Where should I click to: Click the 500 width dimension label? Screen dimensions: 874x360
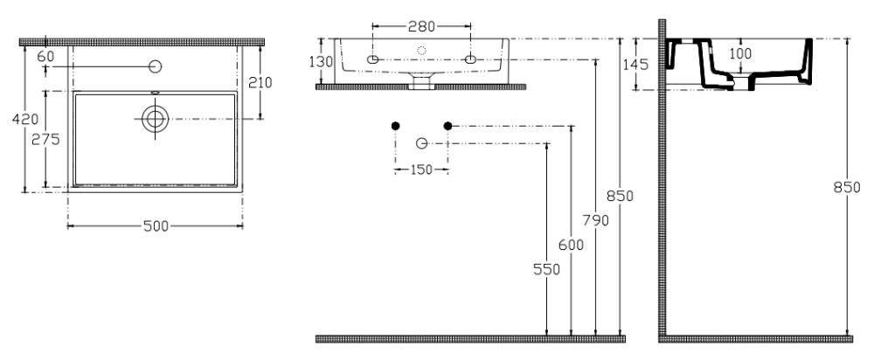pyautogui.click(x=156, y=225)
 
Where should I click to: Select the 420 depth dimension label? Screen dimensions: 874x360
pyautogui.click(x=25, y=119)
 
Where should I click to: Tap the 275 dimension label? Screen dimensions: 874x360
pyautogui.click(x=45, y=139)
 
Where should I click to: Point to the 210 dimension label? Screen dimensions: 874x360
pyautogui.click(x=260, y=82)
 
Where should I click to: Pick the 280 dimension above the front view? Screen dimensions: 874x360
pyautogui.click(x=421, y=26)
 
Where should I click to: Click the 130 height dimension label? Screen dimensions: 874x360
pyautogui.click(x=321, y=62)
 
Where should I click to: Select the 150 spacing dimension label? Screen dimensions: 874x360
pyautogui.click(x=421, y=170)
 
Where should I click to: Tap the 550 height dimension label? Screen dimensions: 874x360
pyautogui.click(x=546, y=269)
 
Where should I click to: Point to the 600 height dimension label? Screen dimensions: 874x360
pyautogui.click(x=572, y=245)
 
